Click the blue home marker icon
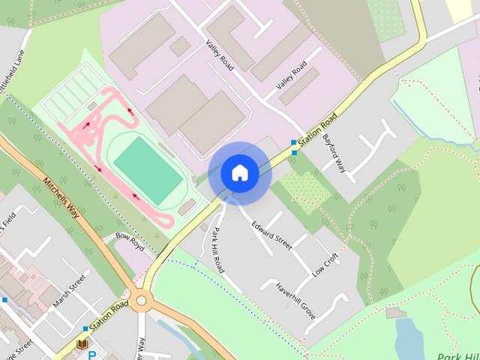[239, 173]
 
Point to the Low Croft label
[326, 265]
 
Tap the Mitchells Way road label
[66, 204]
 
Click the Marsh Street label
[69, 295]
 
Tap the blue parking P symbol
[92, 355]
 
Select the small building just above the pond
[392, 312]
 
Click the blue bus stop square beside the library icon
[85, 329]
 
